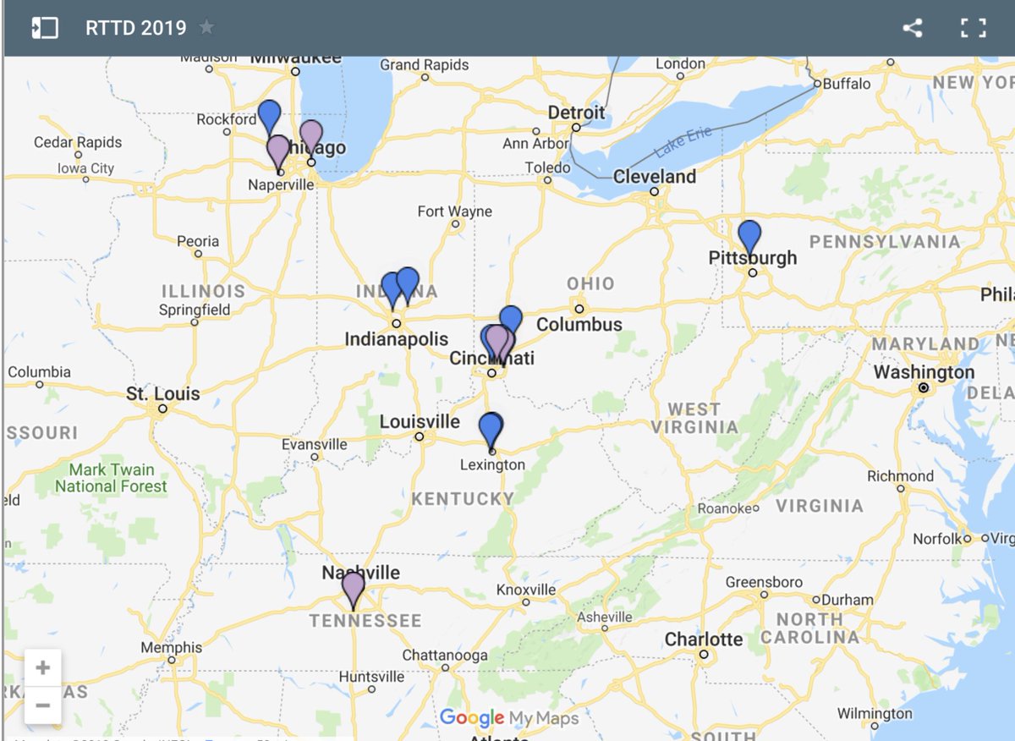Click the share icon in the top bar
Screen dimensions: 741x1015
[912, 28]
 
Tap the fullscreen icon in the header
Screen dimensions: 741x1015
[974, 28]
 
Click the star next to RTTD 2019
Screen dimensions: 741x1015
[206, 28]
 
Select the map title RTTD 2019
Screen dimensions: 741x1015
[135, 28]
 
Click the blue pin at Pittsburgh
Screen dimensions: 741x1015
[749, 236]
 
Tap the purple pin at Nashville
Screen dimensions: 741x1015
[353, 587]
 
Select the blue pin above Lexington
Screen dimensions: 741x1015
[491, 429]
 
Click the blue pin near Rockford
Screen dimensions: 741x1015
[269, 115]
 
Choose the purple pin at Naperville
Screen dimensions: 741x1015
[277, 151]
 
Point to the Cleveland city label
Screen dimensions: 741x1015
[655, 177]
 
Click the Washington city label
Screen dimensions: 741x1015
[924, 372]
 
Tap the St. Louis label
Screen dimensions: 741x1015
[163, 393]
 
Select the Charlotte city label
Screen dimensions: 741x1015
[704, 639]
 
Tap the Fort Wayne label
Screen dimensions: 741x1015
[454, 211]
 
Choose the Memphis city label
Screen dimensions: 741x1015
[172, 647]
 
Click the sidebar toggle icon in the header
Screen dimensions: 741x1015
[44, 28]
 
